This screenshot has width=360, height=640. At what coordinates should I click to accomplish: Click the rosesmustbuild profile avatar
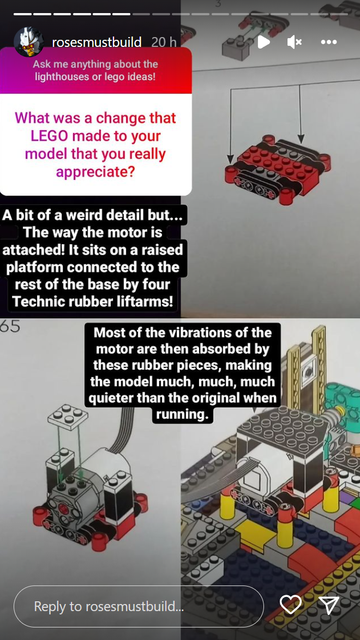28,42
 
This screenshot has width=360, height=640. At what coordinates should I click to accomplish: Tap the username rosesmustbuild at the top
97,42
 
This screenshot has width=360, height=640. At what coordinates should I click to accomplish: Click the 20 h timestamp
164,42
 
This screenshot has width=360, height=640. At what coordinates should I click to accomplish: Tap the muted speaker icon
295,42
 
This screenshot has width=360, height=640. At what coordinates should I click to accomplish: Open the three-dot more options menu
329,42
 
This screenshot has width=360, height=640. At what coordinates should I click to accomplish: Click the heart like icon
291,605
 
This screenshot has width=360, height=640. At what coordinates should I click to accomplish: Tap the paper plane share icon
329,605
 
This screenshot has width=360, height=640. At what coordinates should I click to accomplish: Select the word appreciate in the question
95,172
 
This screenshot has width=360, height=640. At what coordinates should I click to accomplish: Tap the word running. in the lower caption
182,414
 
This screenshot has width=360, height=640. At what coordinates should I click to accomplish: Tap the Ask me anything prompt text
95,71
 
